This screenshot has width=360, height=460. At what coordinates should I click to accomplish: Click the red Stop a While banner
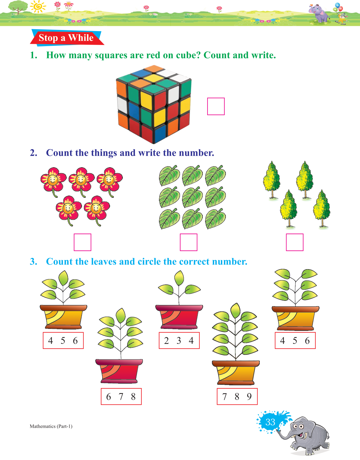pyautogui.click(x=67, y=38)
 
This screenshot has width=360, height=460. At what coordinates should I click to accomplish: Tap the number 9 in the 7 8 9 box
pyautogui.click(x=249, y=396)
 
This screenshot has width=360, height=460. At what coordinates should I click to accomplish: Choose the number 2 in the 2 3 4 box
pyautogui.click(x=166, y=341)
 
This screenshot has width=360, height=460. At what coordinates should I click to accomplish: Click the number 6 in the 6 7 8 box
pyautogui.click(x=108, y=397)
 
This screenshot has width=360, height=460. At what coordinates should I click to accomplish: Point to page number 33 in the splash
pyautogui.click(x=270, y=422)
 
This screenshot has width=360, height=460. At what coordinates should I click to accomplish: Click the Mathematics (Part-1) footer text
pyautogui.click(x=51, y=426)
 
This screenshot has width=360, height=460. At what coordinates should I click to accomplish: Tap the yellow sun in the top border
pyautogui.click(x=38, y=6)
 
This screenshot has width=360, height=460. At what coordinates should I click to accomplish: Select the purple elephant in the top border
pyautogui.click(x=319, y=14)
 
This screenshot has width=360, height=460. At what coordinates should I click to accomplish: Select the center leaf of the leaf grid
pyautogui.click(x=192, y=197)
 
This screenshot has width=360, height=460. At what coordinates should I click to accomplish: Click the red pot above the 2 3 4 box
pyautogui.click(x=179, y=316)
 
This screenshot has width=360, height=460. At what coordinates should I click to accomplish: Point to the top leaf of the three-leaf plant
pyautogui.click(x=179, y=278)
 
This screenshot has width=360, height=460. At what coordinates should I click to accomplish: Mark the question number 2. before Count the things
pyautogui.click(x=34, y=153)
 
